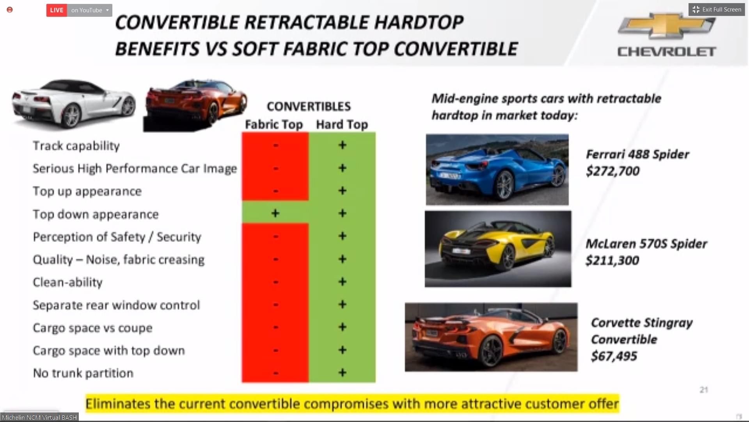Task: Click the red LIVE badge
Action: (57, 10)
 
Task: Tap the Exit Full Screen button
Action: (717, 9)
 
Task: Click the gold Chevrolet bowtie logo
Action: (667, 26)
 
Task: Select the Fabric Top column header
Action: (274, 124)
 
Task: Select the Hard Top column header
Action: (342, 124)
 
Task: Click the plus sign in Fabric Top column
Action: (275, 213)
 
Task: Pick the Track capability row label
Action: (76, 146)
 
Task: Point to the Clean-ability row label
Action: (67, 282)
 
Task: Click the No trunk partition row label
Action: (83, 373)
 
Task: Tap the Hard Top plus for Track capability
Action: (342, 145)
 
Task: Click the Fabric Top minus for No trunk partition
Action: (276, 373)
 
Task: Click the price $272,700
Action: (612, 171)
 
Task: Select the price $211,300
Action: (612, 261)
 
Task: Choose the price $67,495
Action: (614, 356)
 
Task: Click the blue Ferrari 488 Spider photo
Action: (497, 170)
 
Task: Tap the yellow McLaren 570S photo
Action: (498, 249)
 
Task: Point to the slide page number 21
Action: (704, 390)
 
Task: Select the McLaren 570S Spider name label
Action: (646, 244)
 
